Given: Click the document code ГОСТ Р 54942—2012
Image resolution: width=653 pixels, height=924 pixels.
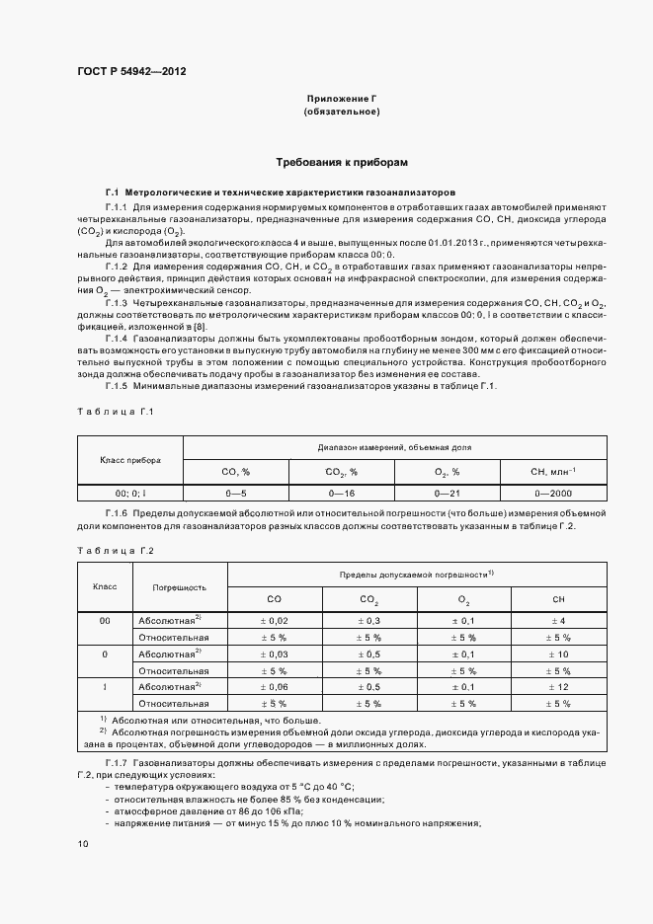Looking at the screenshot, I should [131, 72].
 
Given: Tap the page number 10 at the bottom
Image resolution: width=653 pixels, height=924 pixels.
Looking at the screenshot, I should [82, 843].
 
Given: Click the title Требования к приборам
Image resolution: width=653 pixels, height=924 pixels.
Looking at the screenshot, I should [341, 161].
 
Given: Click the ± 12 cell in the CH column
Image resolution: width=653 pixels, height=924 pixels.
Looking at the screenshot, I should [558, 686].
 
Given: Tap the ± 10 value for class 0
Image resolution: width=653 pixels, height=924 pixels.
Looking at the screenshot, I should [558, 653].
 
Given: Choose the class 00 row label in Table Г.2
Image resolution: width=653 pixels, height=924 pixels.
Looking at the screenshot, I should [105, 619].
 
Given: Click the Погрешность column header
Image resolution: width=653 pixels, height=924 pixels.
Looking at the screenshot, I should [179, 586].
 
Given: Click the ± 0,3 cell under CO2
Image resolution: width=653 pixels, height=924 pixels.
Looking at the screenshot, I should [368, 619].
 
